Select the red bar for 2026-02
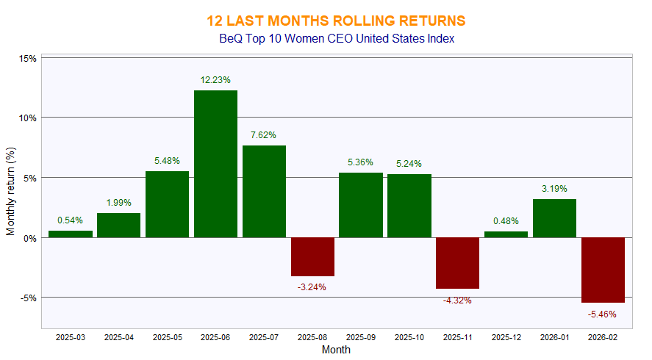point(603,270)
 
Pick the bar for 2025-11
point(457,263)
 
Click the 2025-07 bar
point(264,191)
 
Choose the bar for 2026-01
point(554,218)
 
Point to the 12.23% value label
point(215,79)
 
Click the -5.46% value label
point(603,314)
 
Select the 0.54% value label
point(71,220)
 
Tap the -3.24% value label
point(312,287)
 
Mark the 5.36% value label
point(360,162)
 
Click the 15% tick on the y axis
point(28,58)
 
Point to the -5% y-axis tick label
point(28,298)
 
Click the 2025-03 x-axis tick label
point(71,337)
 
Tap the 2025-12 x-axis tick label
point(506,337)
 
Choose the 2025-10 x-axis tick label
point(409,337)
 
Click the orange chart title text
point(336,20)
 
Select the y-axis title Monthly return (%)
point(11,193)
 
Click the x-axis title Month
point(336,350)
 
